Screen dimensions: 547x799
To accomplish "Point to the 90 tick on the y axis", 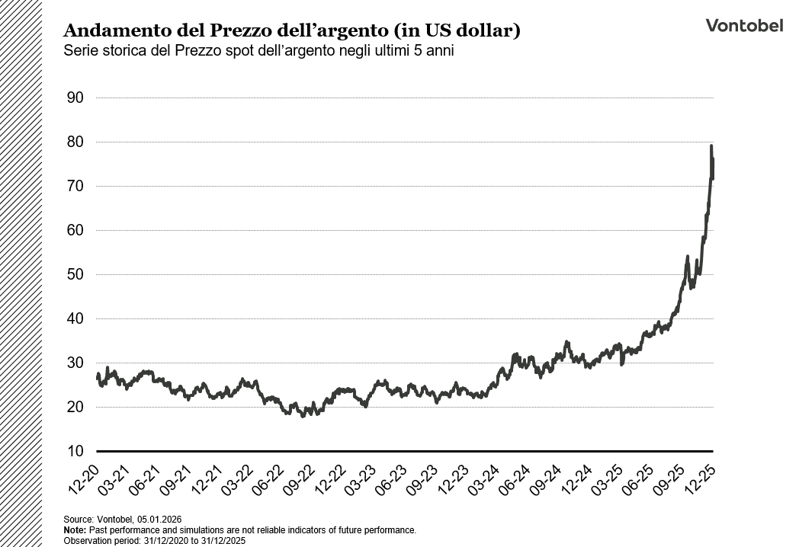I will click(75, 98).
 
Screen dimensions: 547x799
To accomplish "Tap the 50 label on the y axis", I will click(75, 274).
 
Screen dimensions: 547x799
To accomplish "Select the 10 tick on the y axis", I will click(75, 451).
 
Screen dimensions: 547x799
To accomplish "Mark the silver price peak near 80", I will click(711, 146).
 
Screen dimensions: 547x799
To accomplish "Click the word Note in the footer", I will click(74, 529).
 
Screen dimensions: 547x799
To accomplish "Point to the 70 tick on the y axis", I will click(75, 186).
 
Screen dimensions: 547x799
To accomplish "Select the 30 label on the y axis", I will click(75, 363).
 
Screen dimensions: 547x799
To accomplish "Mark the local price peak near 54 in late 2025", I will click(687, 257).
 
